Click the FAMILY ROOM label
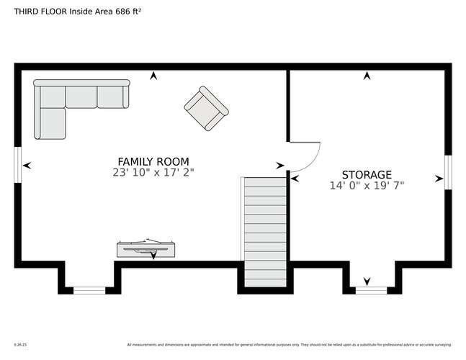click(153, 161)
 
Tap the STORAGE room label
click(367, 174)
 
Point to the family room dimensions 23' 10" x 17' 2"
click(153, 173)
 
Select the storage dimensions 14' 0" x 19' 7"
click(367, 186)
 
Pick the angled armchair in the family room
click(206, 109)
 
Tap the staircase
click(265, 230)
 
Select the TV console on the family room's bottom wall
click(145, 249)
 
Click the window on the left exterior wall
click(18, 165)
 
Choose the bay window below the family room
click(89, 290)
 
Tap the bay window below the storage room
click(370, 290)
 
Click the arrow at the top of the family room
click(153, 75)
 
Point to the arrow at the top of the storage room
click(367, 75)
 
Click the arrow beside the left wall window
click(27, 166)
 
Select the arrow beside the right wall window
click(439, 178)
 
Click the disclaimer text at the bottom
click(288, 344)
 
